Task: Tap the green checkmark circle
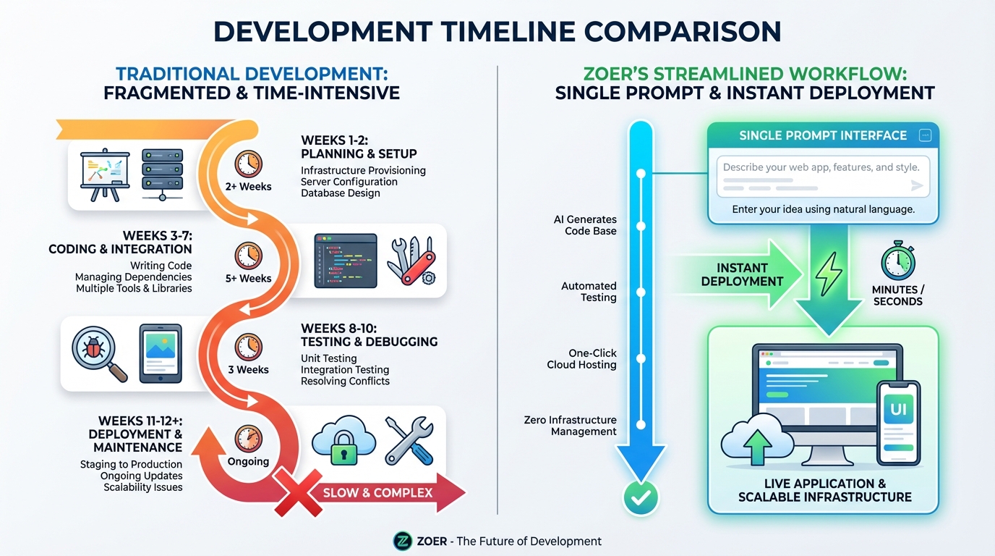[641, 497]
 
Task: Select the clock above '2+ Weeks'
[248, 164]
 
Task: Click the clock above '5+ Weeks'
[248, 255]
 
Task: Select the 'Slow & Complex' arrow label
[377, 493]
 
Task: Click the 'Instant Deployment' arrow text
[742, 274]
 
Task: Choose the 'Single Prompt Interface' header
[822, 135]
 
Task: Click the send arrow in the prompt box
[917, 186]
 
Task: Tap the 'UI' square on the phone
[897, 409]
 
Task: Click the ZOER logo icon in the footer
[402, 541]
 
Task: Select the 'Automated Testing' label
[589, 292]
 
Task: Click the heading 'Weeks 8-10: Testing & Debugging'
[369, 334]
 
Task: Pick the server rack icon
[162, 172]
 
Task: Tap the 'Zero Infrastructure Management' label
[570, 426]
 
